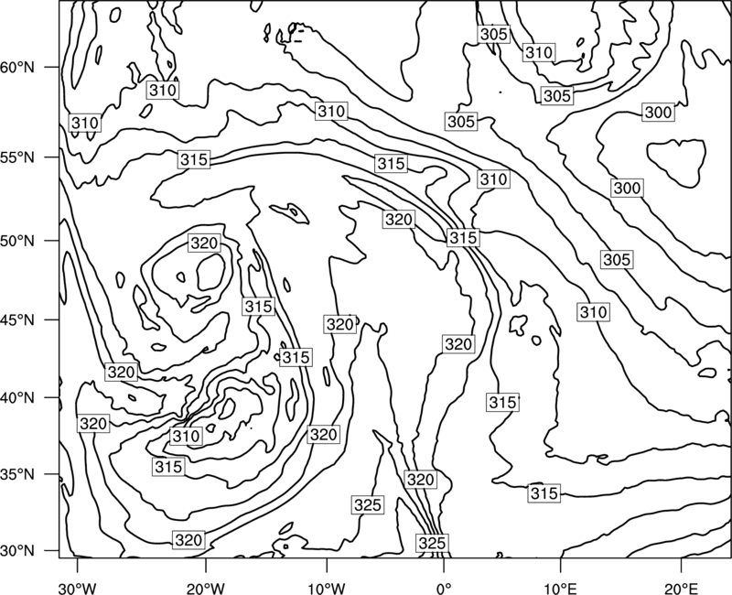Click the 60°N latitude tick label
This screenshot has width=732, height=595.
click(17, 67)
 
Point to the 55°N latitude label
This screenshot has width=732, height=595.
click(17, 157)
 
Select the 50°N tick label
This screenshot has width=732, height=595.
click(17, 241)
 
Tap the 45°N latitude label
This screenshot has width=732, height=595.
click(17, 319)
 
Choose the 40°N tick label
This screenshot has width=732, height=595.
click(17, 398)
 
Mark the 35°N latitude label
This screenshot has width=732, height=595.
click(17, 474)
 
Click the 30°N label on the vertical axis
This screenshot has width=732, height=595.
click(17, 551)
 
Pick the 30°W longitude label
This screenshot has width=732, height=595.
click(77, 589)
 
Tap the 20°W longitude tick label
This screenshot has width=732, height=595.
click(205, 589)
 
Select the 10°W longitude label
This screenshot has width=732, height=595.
click(327, 589)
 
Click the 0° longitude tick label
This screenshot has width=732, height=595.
click(444, 589)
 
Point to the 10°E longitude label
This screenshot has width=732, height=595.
click(560, 589)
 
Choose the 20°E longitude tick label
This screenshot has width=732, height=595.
click(681, 589)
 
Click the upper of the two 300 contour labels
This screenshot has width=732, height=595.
click(658, 113)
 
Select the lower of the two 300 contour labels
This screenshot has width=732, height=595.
click(627, 189)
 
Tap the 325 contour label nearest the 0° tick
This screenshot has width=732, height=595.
click(432, 543)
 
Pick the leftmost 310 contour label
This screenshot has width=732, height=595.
click(85, 124)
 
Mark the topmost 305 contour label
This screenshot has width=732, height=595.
click(493, 34)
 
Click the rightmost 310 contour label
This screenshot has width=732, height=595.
click(593, 312)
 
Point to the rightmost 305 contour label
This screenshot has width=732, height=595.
click(617, 260)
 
